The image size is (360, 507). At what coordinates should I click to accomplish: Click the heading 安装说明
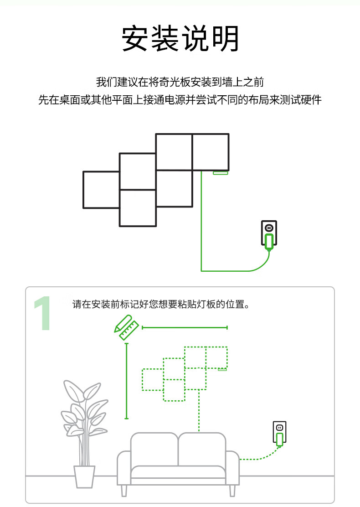point(180,38)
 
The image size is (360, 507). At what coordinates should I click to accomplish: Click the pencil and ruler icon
point(126,327)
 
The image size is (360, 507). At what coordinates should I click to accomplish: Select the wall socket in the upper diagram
point(269,233)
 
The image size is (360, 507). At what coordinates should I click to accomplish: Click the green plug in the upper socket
point(269,242)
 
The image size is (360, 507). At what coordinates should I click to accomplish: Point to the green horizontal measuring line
point(185,327)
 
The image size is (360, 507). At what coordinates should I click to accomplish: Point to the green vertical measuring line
point(126,381)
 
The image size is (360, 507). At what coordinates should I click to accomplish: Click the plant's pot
point(84,476)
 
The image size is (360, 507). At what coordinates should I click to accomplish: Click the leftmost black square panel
point(102,190)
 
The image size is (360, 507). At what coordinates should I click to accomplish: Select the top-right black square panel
point(211,152)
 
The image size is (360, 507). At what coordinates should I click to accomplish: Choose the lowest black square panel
point(138,208)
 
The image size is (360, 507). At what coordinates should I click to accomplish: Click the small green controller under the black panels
point(221,173)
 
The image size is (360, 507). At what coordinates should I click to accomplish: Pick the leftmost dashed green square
point(153,380)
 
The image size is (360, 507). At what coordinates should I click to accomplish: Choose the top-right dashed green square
point(216,357)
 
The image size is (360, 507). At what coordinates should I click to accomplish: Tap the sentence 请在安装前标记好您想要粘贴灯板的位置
point(160,304)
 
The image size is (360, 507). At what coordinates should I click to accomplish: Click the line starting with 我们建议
point(180,82)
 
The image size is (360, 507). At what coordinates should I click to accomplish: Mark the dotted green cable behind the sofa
point(199,411)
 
